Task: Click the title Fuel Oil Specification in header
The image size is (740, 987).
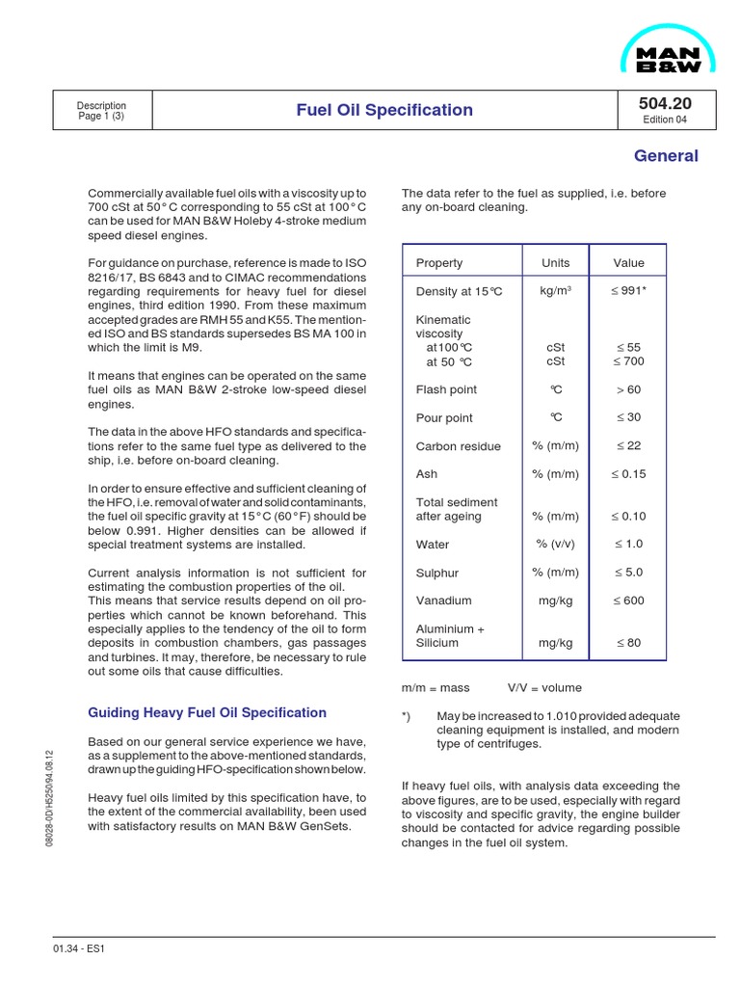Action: point(383,110)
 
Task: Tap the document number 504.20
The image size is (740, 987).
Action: point(665,103)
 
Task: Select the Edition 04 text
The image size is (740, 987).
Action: point(665,120)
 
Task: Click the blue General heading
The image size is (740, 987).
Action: point(666,156)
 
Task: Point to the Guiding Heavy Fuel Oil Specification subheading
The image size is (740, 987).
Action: point(207,713)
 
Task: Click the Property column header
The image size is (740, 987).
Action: point(439,263)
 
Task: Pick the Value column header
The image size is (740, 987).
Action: point(628,263)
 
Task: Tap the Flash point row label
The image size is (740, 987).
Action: point(446,390)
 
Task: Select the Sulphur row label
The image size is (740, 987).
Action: point(437,573)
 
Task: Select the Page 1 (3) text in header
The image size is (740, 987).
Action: point(101,117)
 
